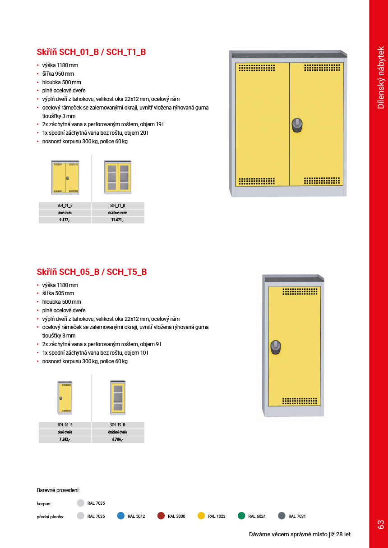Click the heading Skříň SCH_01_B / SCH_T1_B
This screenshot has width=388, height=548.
pyautogui.click(x=91, y=52)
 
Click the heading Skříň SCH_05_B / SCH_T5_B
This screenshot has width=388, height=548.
pyautogui.click(x=92, y=272)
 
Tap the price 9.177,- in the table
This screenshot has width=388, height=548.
pyautogui.click(x=65, y=220)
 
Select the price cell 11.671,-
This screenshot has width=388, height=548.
pyautogui.click(x=118, y=220)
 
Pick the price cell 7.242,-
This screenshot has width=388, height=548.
pyautogui.click(x=65, y=439)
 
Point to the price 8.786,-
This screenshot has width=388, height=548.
pyautogui.click(x=118, y=439)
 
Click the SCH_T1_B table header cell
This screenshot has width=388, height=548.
pyautogui.click(x=118, y=205)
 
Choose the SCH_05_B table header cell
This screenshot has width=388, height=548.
pyautogui.click(x=65, y=425)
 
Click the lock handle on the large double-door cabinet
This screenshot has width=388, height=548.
pyautogui.click(x=296, y=125)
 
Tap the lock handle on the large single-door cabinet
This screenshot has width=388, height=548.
pyautogui.click(x=276, y=347)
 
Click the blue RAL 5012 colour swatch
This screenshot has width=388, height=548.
pyautogui.click(x=121, y=516)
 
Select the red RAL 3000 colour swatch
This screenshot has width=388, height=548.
pyautogui.click(x=161, y=516)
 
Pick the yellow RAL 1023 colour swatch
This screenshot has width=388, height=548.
pyautogui.click(x=201, y=516)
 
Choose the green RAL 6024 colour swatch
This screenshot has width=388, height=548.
pyautogui.click(x=241, y=516)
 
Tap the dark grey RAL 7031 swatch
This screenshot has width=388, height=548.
pyautogui.click(x=282, y=516)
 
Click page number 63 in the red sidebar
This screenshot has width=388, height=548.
pyautogui.click(x=380, y=524)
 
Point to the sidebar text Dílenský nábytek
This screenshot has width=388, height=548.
pyautogui.click(x=380, y=78)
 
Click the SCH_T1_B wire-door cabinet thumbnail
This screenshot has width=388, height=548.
pyautogui.click(x=118, y=177)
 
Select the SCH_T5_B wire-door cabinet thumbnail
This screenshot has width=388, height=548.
pyautogui.click(x=118, y=398)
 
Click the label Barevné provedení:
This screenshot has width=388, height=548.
pyautogui.click(x=58, y=490)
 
